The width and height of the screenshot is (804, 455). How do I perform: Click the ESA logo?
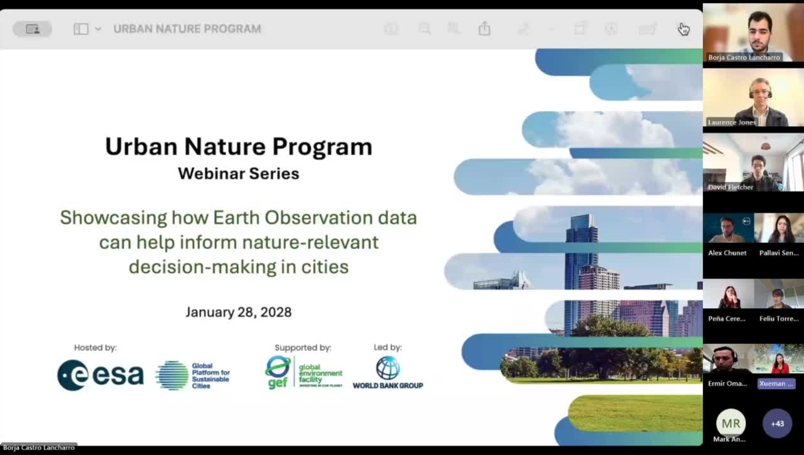click(100, 375)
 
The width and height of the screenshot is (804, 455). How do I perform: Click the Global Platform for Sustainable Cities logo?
click(193, 375)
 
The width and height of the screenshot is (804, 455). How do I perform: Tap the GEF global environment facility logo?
click(303, 372)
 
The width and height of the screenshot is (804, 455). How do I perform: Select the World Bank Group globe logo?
click(388, 368)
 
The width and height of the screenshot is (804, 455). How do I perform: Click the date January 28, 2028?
click(238, 312)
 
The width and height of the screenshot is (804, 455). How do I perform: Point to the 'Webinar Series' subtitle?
click(238, 173)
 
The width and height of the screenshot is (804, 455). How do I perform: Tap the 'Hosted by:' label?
click(95, 348)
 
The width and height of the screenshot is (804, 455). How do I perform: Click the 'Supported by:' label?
click(303, 348)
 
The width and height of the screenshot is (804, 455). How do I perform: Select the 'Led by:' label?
click(388, 347)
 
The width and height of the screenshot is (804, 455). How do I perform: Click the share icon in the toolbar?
click(484, 29)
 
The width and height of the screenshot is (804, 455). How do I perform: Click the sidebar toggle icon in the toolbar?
click(81, 29)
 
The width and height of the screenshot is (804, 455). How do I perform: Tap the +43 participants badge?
click(777, 424)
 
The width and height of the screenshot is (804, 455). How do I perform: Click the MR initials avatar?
click(731, 424)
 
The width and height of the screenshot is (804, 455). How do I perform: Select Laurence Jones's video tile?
click(753, 97)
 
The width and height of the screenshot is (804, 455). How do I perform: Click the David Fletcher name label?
click(731, 187)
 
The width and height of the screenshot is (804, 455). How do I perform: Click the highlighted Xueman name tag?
click(776, 383)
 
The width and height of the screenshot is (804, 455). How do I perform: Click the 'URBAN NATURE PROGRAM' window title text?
click(187, 29)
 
